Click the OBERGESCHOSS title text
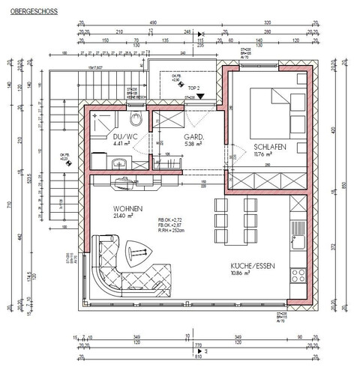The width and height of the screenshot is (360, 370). (25, 13)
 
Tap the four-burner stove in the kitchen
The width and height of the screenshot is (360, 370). (298, 276)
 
